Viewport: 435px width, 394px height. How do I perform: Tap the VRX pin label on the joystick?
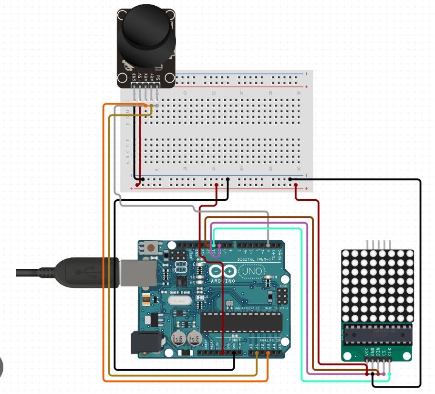[146, 77]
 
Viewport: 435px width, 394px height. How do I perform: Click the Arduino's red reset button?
[151, 248]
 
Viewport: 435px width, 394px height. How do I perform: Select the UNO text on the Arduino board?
[252, 271]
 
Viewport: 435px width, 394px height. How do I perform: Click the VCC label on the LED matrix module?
[366, 354]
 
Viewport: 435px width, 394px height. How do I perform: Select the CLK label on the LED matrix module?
[390, 354]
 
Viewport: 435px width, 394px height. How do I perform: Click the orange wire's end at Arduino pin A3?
[268, 353]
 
